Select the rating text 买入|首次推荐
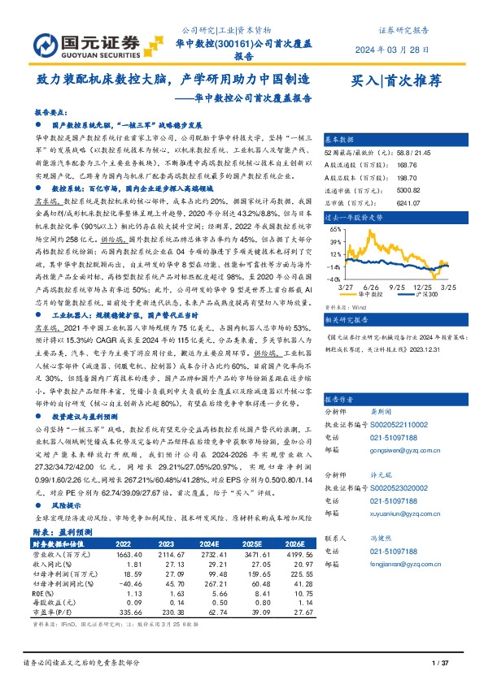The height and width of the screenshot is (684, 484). point(395,81)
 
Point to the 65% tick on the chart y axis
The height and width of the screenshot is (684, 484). point(335,230)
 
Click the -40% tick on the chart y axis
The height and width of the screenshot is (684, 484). point(334,278)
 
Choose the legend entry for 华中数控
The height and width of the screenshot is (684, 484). point(373,295)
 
